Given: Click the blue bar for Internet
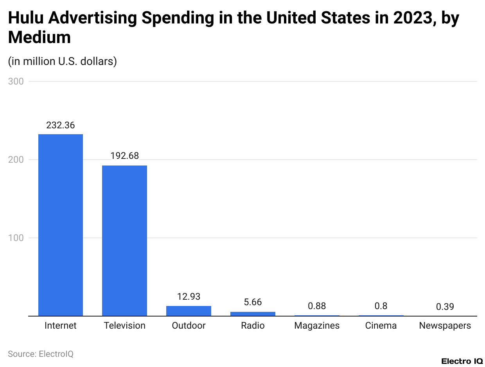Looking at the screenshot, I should [x=61, y=225].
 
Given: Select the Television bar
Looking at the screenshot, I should [x=124, y=241].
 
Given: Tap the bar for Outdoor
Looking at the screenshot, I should [x=189, y=311].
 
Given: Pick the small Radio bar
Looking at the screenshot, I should [x=253, y=314].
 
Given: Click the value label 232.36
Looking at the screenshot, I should [x=61, y=126].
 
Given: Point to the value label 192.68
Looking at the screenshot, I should [x=124, y=156].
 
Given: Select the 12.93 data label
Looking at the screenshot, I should [x=189, y=297].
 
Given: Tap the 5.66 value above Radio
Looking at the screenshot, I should [x=253, y=302].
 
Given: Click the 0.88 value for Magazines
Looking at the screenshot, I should [x=317, y=306].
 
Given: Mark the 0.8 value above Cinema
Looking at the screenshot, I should [x=381, y=306].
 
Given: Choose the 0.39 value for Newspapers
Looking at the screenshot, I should [x=445, y=307].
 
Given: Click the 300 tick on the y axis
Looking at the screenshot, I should [x=16, y=81].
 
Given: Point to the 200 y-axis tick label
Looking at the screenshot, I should [x=16, y=160].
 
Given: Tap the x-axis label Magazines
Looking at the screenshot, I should [x=317, y=326].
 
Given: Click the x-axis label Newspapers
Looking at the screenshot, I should [x=445, y=326].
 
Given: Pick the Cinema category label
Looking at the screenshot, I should [x=381, y=326].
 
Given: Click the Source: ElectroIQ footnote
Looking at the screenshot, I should [x=41, y=354].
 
